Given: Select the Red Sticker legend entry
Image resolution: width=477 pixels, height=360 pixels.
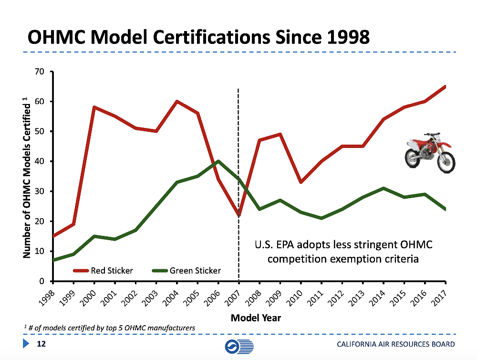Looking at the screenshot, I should (103, 271).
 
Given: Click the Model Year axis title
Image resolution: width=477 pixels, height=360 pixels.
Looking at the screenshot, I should (256, 318).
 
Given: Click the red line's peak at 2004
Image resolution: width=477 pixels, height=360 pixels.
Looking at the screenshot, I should (177, 101).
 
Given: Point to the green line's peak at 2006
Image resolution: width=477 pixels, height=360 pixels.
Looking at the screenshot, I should (218, 161).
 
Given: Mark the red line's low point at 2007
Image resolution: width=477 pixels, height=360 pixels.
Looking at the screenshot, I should (238, 215).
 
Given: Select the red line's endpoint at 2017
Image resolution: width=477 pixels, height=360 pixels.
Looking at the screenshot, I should (445, 86).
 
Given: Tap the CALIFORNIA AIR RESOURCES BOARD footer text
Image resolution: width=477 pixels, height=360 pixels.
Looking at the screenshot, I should (395, 345).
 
